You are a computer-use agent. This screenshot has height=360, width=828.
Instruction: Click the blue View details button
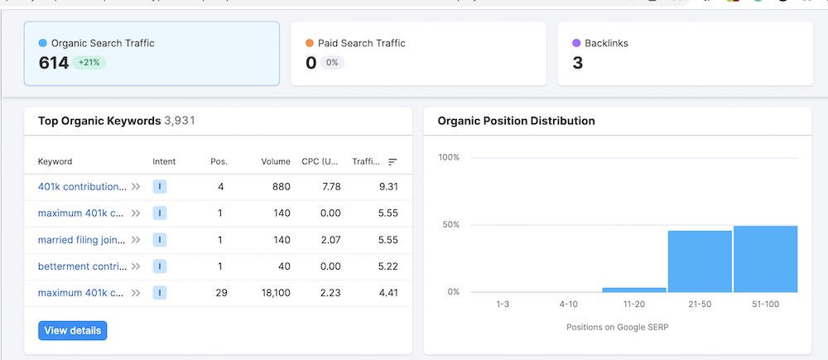pos(72,330)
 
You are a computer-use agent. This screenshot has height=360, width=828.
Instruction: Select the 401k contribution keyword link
pos(82,187)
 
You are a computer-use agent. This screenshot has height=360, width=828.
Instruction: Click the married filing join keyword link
pos(81,240)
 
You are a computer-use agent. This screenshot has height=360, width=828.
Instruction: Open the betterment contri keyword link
pos(82,266)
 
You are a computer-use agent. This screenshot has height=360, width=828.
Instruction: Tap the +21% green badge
pos(89,62)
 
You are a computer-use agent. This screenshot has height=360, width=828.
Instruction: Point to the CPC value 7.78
pos(331,187)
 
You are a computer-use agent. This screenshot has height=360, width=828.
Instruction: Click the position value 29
pos(220,293)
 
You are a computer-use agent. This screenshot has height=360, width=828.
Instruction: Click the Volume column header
pos(276,161)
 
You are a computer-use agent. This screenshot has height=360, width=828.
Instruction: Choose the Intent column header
pos(164,161)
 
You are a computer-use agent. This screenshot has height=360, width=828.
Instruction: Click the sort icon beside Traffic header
pos(392,162)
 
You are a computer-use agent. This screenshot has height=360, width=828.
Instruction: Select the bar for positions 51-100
pos(765,259)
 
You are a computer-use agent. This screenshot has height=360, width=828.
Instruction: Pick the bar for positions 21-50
pos(700,262)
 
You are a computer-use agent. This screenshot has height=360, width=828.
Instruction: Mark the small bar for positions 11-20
pos(633,290)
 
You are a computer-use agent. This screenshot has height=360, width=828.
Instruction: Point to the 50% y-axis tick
pos(449,225)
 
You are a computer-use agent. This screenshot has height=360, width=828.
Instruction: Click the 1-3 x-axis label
pos(503,305)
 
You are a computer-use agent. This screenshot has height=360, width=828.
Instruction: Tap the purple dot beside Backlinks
pos(576,43)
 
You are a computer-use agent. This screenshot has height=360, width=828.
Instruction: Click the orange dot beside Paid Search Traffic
pos(310,43)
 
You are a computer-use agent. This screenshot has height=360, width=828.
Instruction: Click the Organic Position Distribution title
pos(516,121)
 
